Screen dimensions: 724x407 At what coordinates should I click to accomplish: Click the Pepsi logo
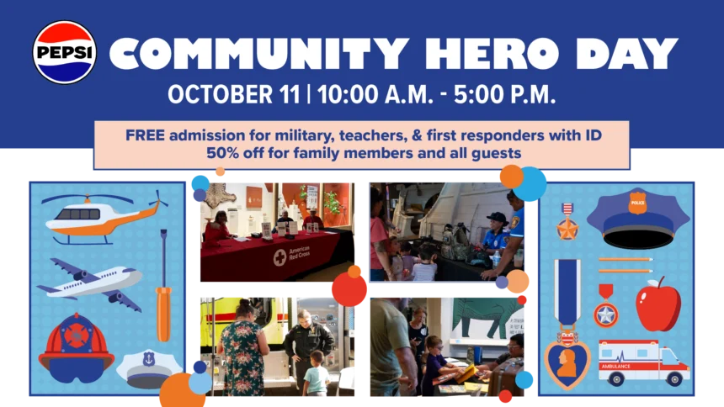(65, 52)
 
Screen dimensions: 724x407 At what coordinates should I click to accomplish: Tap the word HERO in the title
(492, 54)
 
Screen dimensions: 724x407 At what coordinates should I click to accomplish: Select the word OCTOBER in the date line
(234, 94)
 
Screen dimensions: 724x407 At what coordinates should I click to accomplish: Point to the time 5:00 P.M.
(504, 94)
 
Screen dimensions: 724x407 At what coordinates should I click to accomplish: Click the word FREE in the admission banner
(145, 135)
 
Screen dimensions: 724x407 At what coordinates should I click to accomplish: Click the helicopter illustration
(104, 217)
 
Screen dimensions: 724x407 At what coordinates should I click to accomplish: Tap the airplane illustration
(89, 283)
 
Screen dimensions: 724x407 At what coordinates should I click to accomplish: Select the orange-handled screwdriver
(163, 285)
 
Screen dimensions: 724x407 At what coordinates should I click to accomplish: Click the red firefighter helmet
(76, 348)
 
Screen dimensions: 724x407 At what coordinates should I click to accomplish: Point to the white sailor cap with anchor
(148, 369)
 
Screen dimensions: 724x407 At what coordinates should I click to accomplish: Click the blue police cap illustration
(637, 219)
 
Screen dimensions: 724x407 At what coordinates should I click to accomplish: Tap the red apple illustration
(657, 304)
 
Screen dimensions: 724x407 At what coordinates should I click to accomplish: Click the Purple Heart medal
(567, 324)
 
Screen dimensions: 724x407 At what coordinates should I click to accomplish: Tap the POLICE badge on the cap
(637, 203)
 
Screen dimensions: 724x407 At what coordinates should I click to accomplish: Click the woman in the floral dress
(242, 347)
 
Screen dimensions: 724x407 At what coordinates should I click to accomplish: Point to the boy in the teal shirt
(317, 373)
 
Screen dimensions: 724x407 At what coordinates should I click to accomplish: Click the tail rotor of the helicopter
(157, 200)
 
